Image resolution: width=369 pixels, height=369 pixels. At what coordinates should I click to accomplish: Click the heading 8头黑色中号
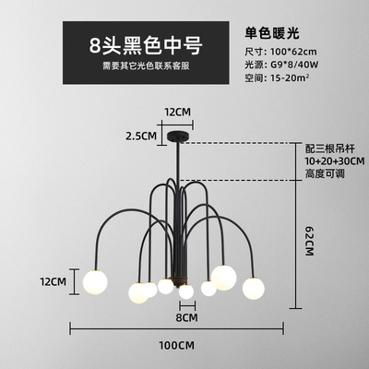(x=146, y=45)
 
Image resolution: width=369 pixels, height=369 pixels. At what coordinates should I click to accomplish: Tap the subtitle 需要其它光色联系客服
(x=146, y=65)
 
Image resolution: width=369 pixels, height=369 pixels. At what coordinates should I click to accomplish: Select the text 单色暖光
(x=272, y=33)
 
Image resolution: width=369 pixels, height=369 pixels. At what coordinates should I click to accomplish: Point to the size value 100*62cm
(x=293, y=52)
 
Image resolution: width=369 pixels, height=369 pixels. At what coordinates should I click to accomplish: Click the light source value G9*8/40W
(x=294, y=65)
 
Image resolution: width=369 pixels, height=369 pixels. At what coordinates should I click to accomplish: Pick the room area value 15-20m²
(x=290, y=77)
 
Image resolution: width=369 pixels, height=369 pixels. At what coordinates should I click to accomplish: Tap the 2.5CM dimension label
(x=141, y=136)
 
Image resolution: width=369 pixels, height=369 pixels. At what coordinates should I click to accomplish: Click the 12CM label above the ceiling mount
(x=177, y=112)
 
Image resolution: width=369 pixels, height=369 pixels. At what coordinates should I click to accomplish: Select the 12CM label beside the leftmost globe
(x=54, y=281)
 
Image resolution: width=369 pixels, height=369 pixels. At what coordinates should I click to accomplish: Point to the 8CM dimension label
(x=187, y=317)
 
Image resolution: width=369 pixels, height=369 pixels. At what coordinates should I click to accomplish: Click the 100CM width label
(x=176, y=345)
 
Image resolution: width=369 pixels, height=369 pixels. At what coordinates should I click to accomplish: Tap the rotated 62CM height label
(x=309, y=242)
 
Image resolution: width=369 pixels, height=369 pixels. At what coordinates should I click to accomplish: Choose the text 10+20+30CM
(x=335, y=161)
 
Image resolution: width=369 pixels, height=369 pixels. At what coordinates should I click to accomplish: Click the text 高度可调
(x=325, y=173)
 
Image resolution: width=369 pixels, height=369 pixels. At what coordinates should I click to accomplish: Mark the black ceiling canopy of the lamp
(x=177, y=137)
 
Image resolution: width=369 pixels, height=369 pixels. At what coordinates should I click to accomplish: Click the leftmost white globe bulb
(x=95, y=281)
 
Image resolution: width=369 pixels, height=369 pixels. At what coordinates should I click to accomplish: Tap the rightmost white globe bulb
(x=254, y=289)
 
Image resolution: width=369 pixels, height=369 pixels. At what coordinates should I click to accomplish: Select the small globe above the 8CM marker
(x=186, y=292)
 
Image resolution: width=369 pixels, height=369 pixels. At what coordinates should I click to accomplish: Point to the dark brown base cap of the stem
(x=179, y=280)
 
